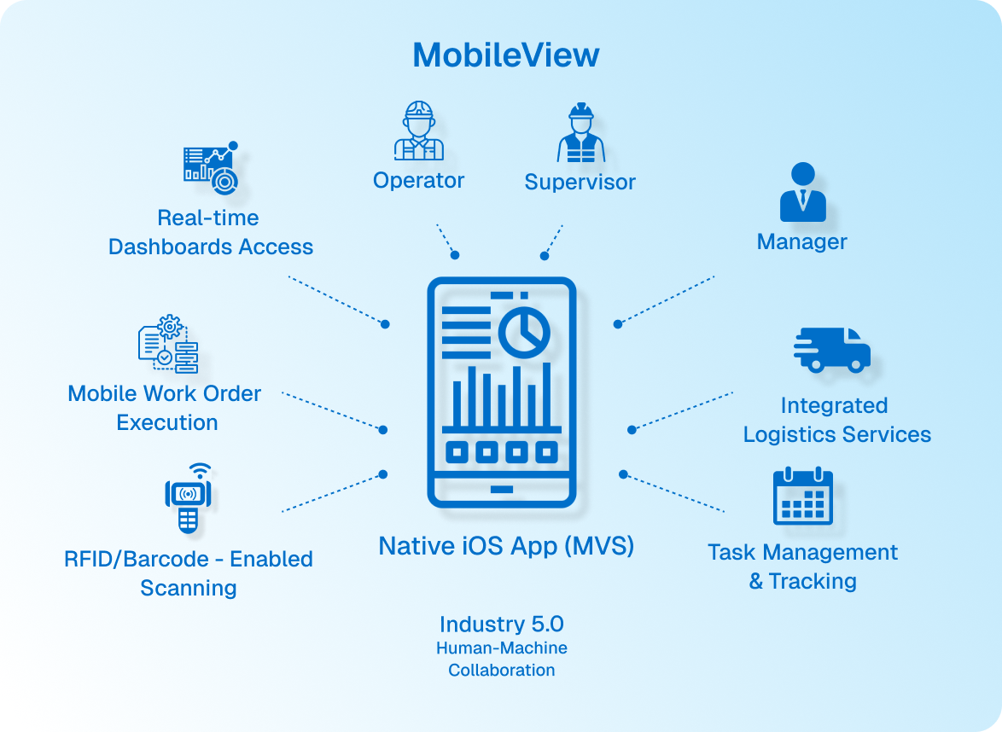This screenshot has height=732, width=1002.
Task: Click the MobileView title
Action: coord(505,55)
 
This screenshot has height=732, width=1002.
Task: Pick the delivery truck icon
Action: coord(831,350)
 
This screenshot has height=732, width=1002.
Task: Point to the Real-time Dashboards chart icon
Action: coord(211,167)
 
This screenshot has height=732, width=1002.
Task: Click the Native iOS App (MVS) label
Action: coord(506,545)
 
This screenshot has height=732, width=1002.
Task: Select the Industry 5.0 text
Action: coord(501,624)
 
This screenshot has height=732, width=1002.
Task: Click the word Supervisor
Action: coord(580,182)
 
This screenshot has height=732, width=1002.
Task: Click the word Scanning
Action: coord(188,588)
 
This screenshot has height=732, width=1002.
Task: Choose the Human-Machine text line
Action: coord(501,648)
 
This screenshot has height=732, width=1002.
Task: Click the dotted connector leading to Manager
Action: coord(666,299)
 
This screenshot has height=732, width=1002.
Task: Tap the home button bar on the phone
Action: coord(502,489)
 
